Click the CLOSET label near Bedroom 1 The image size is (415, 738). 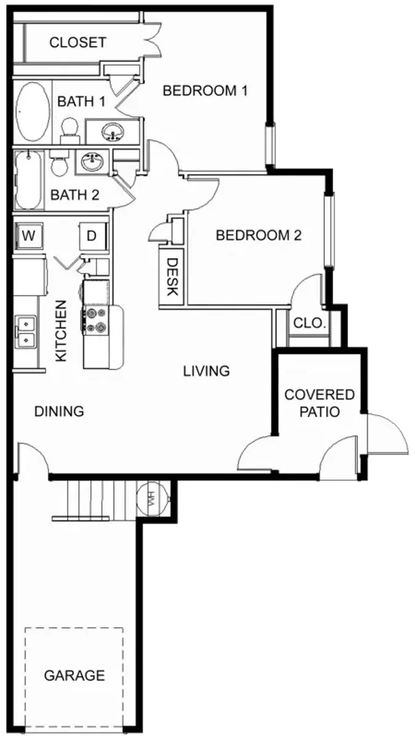[77, 42]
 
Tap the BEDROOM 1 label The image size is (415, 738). [205, 90]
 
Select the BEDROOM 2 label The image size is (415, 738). [259, 235]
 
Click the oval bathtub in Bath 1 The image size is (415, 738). [32, 112]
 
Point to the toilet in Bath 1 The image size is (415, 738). [70, 131]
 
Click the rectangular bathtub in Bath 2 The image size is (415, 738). [29, 180]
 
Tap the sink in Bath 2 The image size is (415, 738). [92, 162]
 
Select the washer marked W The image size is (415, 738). [29, 236]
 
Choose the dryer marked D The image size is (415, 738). [93, 236]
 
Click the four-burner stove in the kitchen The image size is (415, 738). [95, 320]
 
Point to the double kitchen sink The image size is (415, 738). [25, 331]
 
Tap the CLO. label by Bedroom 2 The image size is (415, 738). [309, 323]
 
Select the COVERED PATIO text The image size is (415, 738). [320, 403]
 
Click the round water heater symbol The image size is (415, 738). [153, 499]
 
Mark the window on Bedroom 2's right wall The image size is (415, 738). [330, 231]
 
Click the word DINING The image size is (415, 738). [59, 411]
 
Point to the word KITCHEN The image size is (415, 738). [61, 331]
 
